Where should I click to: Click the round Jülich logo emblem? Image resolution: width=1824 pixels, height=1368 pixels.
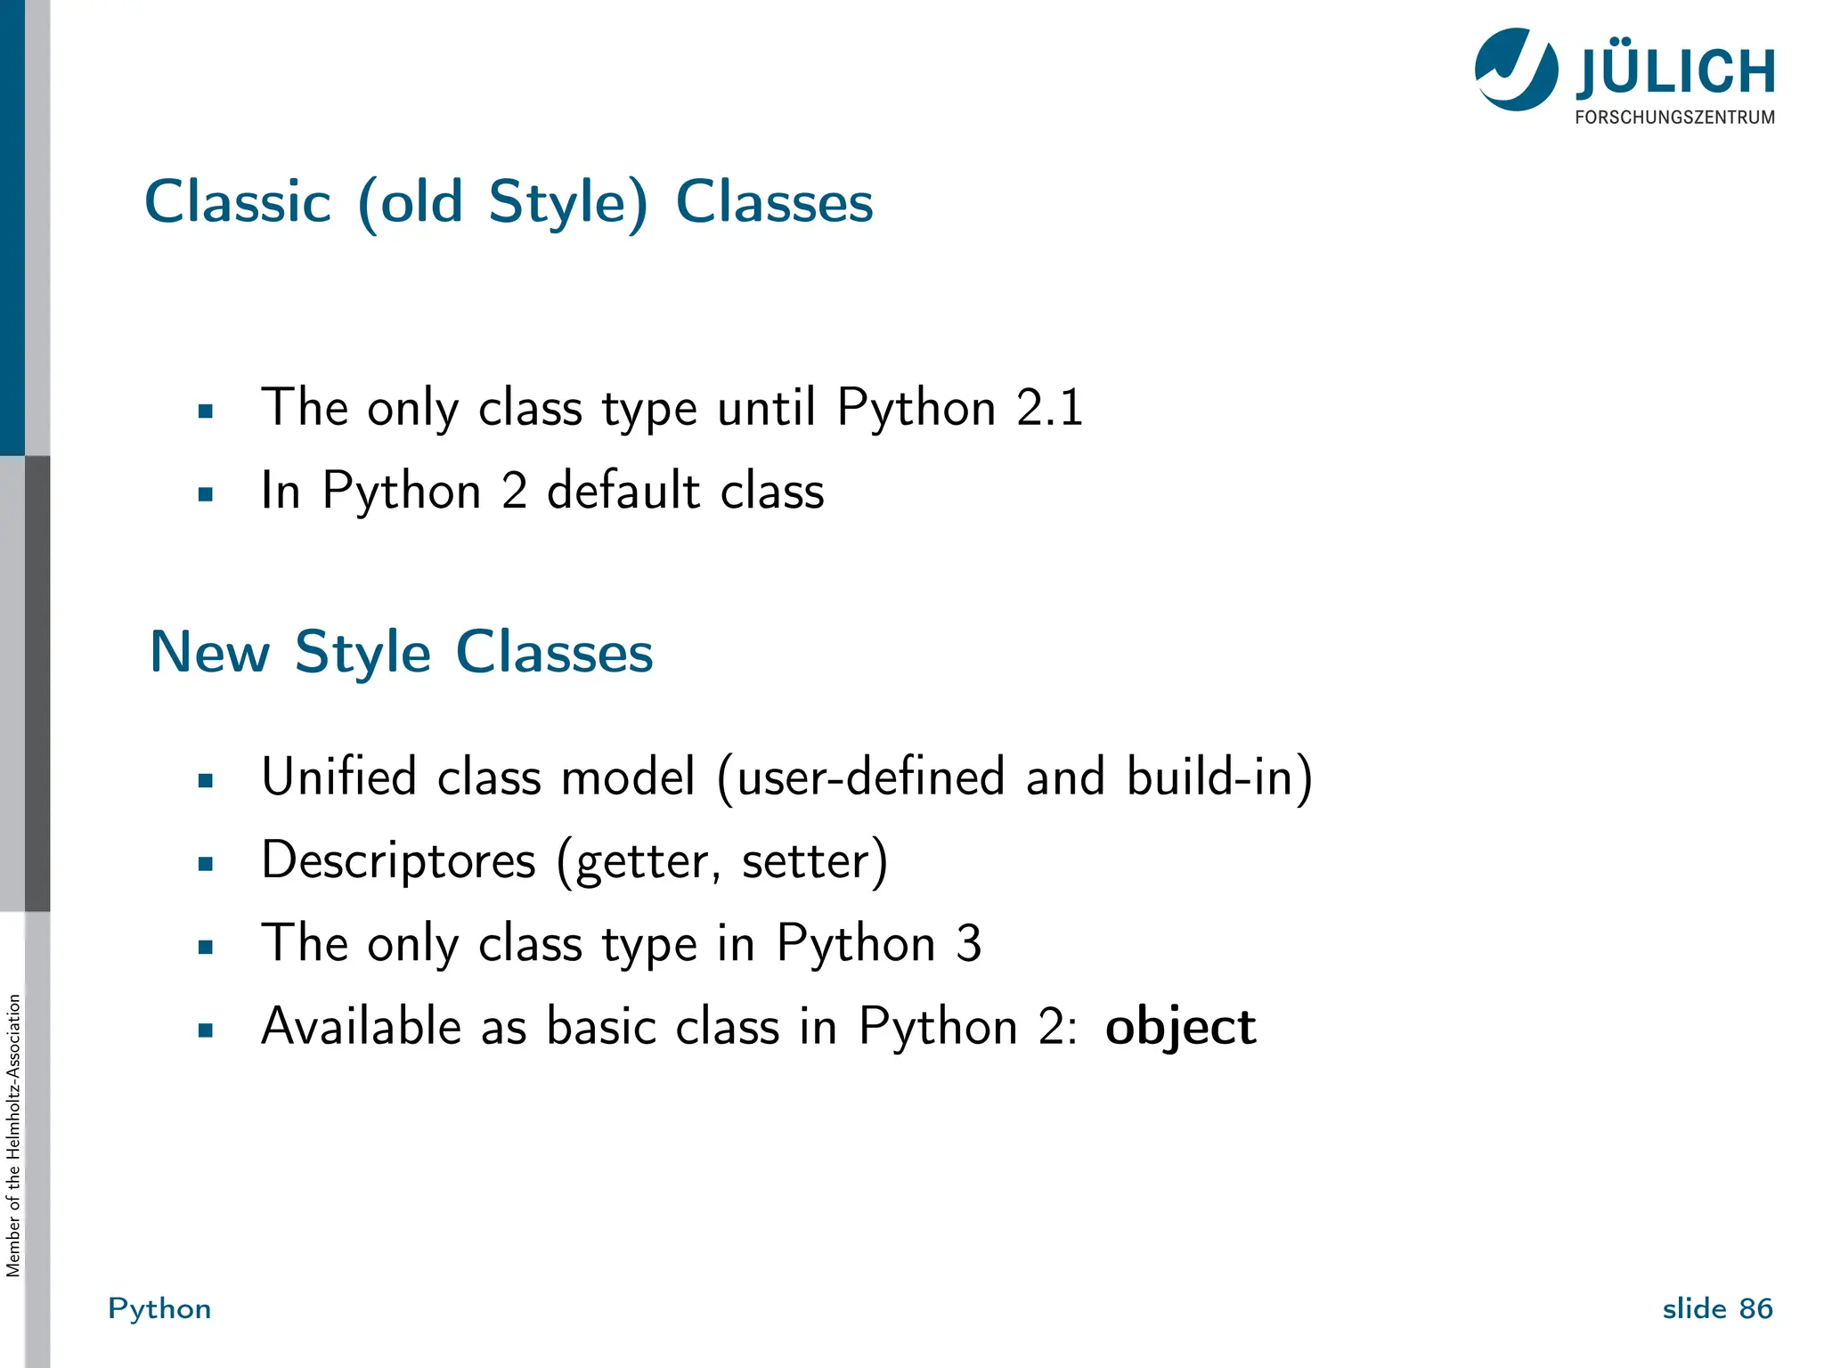point(1516,69)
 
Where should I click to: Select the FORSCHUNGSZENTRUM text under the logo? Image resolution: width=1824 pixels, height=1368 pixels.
point(1674,118)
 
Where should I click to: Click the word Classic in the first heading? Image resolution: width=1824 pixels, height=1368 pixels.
point(238,202)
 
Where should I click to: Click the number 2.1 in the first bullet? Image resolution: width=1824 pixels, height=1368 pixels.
point(1049,408)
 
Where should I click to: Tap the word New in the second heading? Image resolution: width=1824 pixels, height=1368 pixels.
point(210,652)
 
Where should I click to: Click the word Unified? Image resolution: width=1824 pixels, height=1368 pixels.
point(338,777)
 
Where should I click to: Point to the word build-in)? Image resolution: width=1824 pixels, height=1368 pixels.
point(1219,777)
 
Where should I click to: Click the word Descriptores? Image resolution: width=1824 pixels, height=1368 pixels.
point(398,860)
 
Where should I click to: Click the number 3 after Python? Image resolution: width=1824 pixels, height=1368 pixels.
point(968,943)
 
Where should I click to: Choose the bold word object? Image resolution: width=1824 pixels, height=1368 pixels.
point(1180,1027)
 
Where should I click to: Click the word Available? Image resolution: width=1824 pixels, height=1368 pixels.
point(361,1026)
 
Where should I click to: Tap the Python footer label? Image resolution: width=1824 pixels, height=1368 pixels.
point(159,1308)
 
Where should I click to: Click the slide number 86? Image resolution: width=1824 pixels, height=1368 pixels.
point(1755,1308)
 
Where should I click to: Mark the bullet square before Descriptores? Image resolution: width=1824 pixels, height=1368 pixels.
point(206,863)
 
